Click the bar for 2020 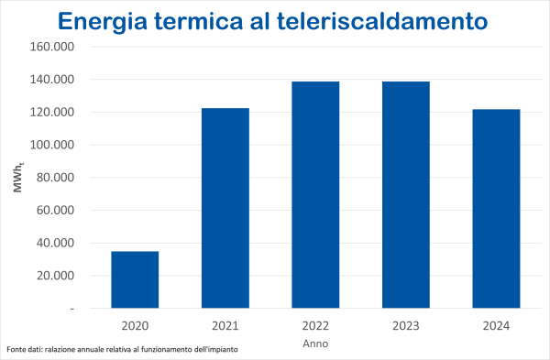pyautogui.click(x=135, y=279)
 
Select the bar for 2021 pyautogui.click(x=225, y=208)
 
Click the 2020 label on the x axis pyautogui.click(x=135, y=326)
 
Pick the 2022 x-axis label pyautogui.click(x=315, y=326)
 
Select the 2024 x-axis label pyautogui.click(x=496, y=326)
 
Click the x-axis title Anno pyautogui.click(x=315, y=344)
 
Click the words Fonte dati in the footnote pyautogui.click(x=27, y=351)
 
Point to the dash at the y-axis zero pyautogui.click(x=71, y=309)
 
